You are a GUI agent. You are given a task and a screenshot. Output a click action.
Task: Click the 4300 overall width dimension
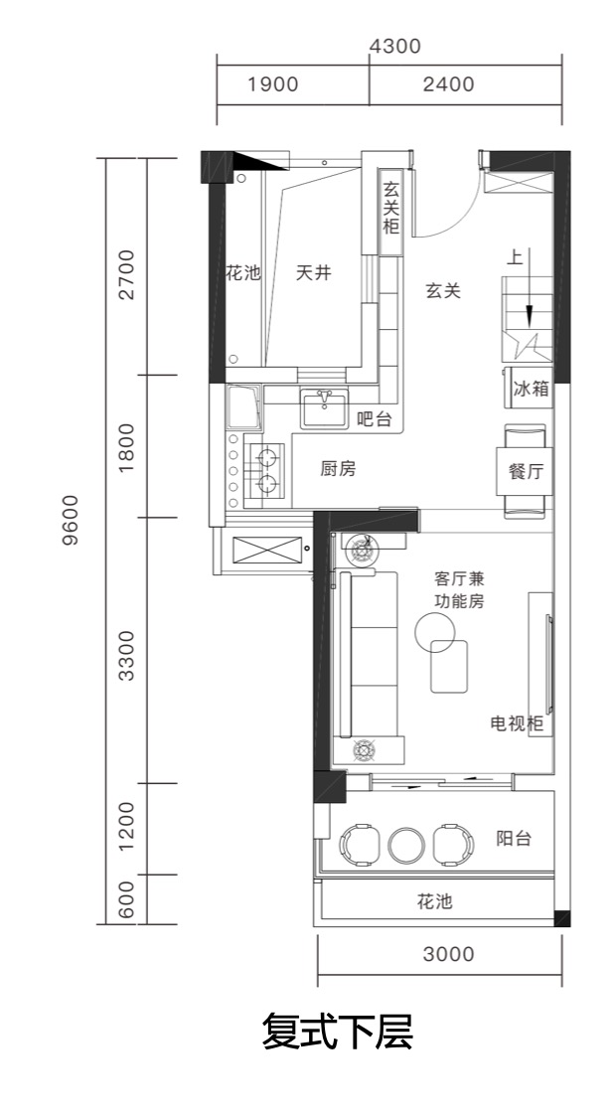(x=394, y=46)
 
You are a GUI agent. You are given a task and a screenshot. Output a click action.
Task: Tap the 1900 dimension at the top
(x=272, y=84)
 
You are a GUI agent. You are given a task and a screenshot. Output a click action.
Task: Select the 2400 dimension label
(x=448, y=84)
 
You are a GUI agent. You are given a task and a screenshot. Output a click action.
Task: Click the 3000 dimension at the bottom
(x=448, y=955)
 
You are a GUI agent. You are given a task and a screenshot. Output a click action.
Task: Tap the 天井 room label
(x=313, y=272)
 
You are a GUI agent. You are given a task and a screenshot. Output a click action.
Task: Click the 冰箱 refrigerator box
(x=531, y=389)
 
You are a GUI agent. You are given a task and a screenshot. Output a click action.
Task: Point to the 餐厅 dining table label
(x=526, y=471)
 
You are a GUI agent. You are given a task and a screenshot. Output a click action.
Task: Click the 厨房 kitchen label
(x=338, y=469)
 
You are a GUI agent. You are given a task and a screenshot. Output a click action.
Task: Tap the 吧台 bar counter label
(x=374, y=419)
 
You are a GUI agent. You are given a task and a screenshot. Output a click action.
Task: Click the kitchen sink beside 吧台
(x=324, y=408)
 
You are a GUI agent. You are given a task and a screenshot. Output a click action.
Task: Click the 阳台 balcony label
(x=514, y=838)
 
